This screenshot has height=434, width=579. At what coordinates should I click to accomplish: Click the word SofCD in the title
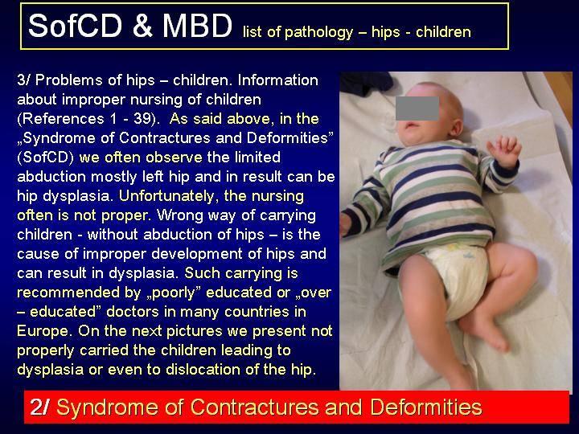pos(75,26)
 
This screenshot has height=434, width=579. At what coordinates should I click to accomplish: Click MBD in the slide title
pos(197,26)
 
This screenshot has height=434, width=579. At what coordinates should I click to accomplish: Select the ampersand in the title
pos(142,26)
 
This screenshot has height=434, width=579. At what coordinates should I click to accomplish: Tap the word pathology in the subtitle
pos(318,32)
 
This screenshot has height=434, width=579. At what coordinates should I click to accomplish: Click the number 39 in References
pos(142,119)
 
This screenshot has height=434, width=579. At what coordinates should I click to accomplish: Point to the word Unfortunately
pos(166,195)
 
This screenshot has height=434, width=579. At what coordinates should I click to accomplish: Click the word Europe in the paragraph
pos(43,330)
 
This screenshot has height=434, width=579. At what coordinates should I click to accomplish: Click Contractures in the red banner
pos(255,407)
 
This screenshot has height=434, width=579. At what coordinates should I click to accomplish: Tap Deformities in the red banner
pos(426,407)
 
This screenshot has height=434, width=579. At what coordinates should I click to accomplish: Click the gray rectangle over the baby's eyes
pos(417,108)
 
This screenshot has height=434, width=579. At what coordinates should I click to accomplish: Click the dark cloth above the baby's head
pos(367,83)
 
